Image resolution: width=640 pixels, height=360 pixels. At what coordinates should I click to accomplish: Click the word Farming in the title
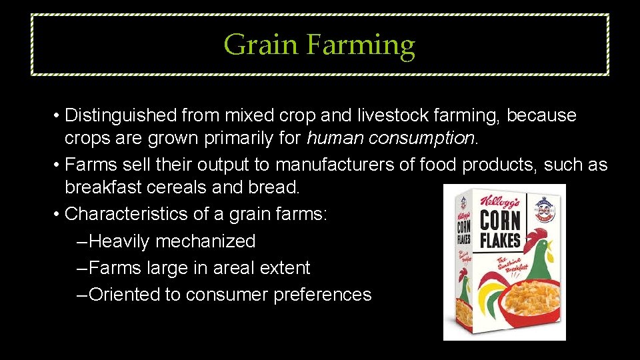point(361,46)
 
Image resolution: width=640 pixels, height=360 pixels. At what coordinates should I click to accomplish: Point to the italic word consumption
point(423,139)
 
